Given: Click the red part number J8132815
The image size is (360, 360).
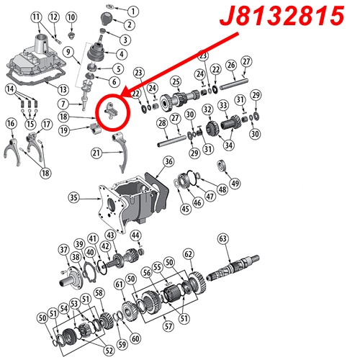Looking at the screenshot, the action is click(x=282, y=16).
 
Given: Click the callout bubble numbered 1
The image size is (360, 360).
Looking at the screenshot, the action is click(x=133, y=12).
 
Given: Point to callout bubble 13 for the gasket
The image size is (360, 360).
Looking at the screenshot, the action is click(x=63, y=89).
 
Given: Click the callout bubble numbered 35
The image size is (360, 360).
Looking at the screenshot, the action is click(x=73, y=197).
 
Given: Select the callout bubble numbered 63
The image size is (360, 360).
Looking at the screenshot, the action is click(x=222, y=239).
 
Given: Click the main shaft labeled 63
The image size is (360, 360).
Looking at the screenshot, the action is click(x=233, y=269).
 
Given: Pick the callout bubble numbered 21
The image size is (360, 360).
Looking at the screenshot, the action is click(x=96, y=153).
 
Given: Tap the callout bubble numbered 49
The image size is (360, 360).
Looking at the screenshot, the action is click(x=235, y=183).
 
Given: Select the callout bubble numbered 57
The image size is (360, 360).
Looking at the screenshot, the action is click(x=168, y=326).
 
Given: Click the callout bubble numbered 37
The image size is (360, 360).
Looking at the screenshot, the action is click(x=63, y=250).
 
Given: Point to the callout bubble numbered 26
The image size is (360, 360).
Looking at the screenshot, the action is click(x=231, y=65).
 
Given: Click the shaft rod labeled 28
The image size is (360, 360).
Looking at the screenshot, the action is click(x=172, y=141).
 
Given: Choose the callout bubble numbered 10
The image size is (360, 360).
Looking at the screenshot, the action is click(x=71, y=17).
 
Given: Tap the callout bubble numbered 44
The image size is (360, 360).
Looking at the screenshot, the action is click(x=135, y=235).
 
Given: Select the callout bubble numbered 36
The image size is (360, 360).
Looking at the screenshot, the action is click(x=168, y=161).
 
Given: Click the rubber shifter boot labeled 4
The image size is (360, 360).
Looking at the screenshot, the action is click(x=96, y=52).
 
